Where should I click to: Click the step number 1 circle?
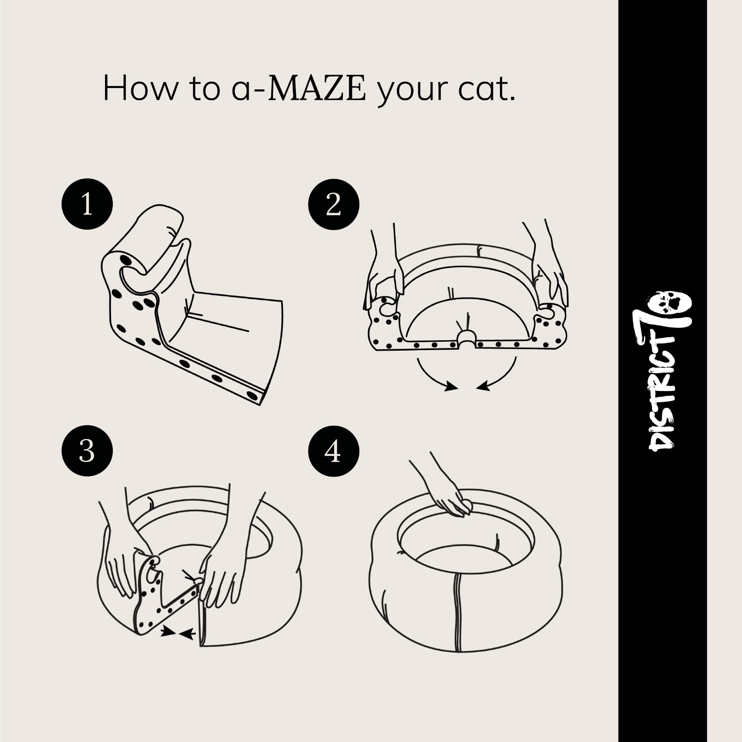(x=87, y=204)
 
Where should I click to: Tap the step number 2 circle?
(x=333, y=204)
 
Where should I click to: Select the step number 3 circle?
(x=87, y=451)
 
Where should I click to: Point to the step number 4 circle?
(x=333, y=451)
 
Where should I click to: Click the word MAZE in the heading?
(x=316, y=88)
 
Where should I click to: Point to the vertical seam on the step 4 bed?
(x=456, y=614)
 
